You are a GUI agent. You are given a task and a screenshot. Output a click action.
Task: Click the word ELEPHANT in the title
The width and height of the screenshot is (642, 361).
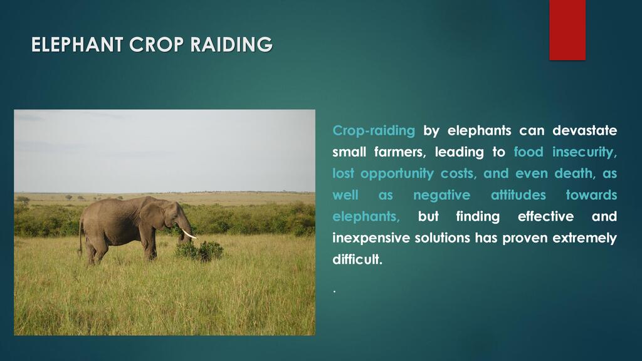[x=77, y=44]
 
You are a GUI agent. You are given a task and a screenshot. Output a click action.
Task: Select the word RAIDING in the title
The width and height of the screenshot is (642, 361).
[x=231, y=44]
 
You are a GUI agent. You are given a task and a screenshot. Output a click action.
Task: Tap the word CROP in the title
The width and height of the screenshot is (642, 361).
[x=156, y=44]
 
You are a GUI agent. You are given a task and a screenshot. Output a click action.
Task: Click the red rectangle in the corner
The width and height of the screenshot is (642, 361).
[x=567, y=30]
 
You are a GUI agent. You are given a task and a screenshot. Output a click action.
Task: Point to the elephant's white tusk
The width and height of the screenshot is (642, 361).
[x=189, y=234]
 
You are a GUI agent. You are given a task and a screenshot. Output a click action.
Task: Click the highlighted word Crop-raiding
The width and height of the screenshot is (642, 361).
[x=374, y=130]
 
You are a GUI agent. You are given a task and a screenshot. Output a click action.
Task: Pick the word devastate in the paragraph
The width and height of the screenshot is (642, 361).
[x=585, y=130]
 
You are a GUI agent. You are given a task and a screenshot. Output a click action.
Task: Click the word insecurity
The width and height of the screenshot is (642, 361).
[x=584, y=152]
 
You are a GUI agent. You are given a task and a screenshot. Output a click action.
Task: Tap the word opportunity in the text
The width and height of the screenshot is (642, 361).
[x=397, y=174]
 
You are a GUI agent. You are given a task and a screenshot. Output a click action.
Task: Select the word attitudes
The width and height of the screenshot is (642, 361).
[x=518, y=195]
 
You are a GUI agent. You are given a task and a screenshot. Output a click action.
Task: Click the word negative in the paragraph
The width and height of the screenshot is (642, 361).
[x=442, y=195]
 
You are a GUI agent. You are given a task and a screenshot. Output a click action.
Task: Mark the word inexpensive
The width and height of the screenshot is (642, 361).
[x=371, y=238]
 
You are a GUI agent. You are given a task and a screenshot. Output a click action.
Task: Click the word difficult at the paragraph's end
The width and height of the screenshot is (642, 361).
[x=357, y=259]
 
